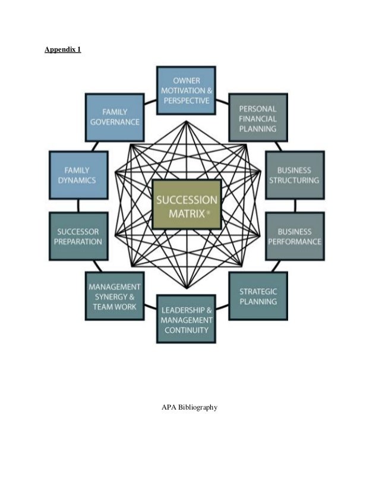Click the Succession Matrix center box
pyautogui.click(x=187, y=204)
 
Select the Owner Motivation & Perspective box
pyautogui.click(x=186, y=90)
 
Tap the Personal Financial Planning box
pyautogui.click(x=258, y=118)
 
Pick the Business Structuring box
pyautogui.click(x=295, y=175)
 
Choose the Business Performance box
pyautogui.click(x=295, y=236)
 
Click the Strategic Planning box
pyautogui.click(x=258, y=295)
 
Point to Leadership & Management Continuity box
pyautogui.click(x=186, y=319)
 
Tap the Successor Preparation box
pyautogui.click(x=78, y=236)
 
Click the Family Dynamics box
pyautogui.click(x=78, y=175)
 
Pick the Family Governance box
pyautogui.click(x=114, y=117)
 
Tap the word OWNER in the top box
pyautogui.click(x=187, y=80)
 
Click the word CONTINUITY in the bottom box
pyautogui.click(x=186, y=329)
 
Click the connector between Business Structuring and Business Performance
pyautogui.click(x=295, y=206)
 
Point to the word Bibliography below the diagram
pyautogui.click(x=198, y=407)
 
